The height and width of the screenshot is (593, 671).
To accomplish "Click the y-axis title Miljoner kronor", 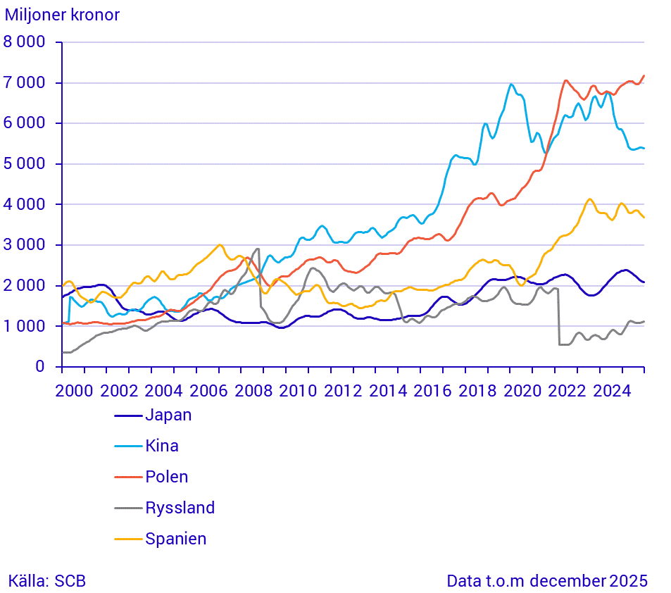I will pyautogui.click(x=62, y=15).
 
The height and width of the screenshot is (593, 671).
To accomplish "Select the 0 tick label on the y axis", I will pyautogui.click(x=41, y=367).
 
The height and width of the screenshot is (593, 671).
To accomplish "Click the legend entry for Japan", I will pyautogui.click(x=168, y=415).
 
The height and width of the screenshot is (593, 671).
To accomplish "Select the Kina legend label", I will pyautogui.click(x=162, y=446).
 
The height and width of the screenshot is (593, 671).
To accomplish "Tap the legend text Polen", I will pyautogui.click(x=167, y=477).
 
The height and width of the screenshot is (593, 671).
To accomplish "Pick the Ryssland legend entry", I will pyautogui.click(x=180, y=508).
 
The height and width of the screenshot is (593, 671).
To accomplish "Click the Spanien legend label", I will pyautogui.click(x=176, y=539).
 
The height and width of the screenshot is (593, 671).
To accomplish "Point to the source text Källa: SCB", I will pyautogui.click(x=47, y=581).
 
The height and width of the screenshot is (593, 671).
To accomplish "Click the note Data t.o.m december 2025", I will pyautogui.click(x=547, y=581).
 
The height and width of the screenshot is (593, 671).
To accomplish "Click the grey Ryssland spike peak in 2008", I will pyautogui.click(x=258, y=249).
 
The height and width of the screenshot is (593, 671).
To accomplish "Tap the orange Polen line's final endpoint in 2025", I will pyautogui.click(x=644, y=76).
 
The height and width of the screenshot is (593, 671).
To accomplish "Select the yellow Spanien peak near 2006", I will pyautogui.click(x=220, y=245).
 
